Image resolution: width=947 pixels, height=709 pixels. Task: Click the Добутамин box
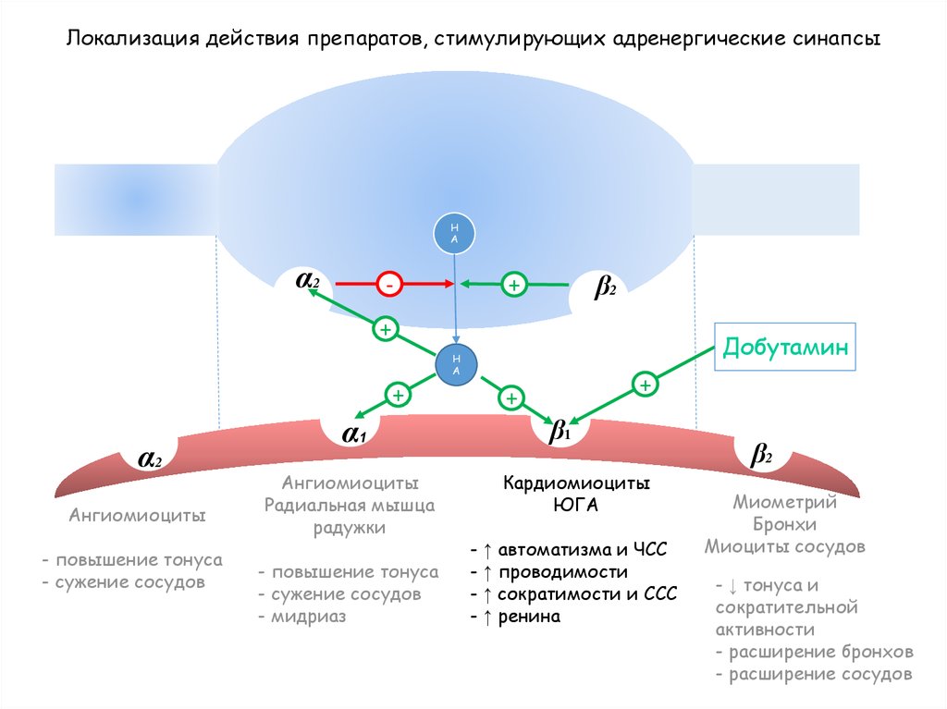[x=786, y=348]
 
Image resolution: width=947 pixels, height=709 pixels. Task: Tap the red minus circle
[x=389, y=286]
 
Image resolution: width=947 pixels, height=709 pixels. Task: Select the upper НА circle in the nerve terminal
[x=454, y=234]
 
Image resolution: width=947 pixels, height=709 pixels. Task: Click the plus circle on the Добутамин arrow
[x=645, y=384]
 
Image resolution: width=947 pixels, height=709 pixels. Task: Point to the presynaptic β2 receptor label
[x=605, y=288]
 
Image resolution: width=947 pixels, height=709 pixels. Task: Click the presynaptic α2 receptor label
[x=308, y=279]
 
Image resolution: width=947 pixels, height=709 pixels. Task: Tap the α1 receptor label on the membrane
[x=354, y=434]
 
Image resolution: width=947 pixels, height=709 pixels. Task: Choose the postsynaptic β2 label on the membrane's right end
[x=761, y=455]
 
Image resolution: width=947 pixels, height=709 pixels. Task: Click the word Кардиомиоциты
[x=576, y=483]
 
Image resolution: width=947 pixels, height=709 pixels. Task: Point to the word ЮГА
[x=576, y=506]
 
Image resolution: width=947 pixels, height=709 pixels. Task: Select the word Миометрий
[x=784, y=503]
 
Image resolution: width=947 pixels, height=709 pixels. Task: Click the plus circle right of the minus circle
[x=512, y=286]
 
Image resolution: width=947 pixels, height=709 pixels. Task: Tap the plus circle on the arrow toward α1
[x=399, y=395]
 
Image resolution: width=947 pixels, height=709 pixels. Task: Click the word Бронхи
[x=784, y=524]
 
